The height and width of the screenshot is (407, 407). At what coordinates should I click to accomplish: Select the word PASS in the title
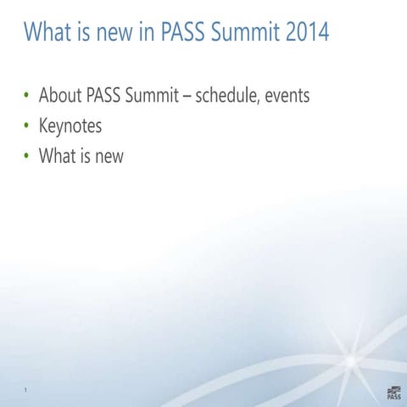pos(176,33)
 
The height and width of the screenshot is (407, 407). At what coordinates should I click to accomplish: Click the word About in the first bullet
pos(59,96)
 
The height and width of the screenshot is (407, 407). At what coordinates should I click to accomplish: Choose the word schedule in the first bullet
pos(227,96)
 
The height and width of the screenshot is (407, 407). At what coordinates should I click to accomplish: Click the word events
pos(287,96)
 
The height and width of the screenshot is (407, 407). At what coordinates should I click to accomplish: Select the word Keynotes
pos(70,126)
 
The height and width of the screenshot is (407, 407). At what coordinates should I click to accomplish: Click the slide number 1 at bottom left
pos(26,391)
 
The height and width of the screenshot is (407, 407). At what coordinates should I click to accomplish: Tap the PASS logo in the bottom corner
pos(393,390)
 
